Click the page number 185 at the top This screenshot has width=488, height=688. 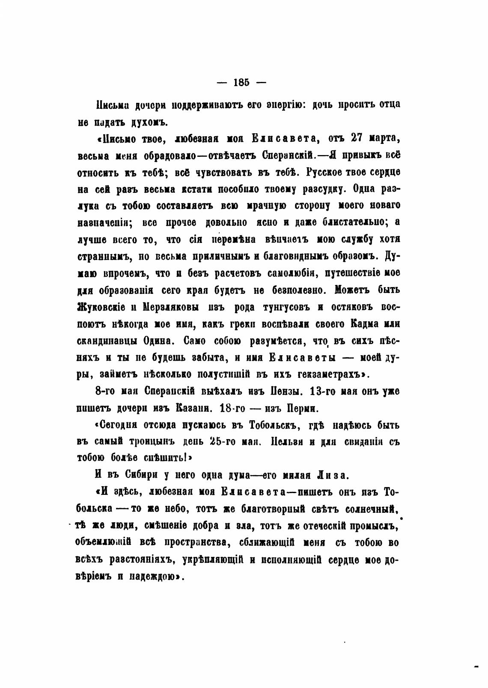[x=242, y=83]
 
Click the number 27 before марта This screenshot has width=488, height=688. [x=360, y=138]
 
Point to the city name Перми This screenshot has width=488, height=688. [x=302, y=408]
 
